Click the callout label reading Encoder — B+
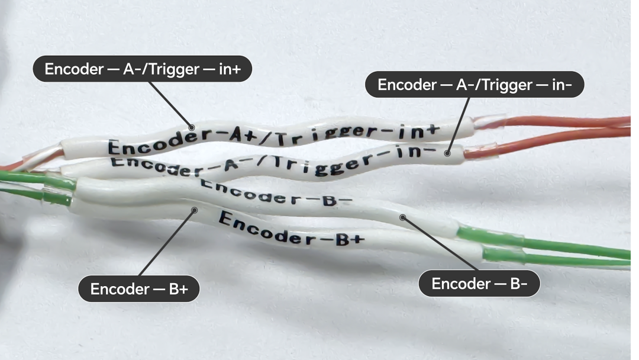tap(139, 289)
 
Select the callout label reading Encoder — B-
tap(479, 284)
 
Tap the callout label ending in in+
tap(143, 69)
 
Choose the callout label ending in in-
tap(475, 85)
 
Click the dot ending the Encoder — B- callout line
tap(402, 217)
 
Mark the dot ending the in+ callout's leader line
tap(191, 127)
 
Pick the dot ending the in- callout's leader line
tap(447, 153)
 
